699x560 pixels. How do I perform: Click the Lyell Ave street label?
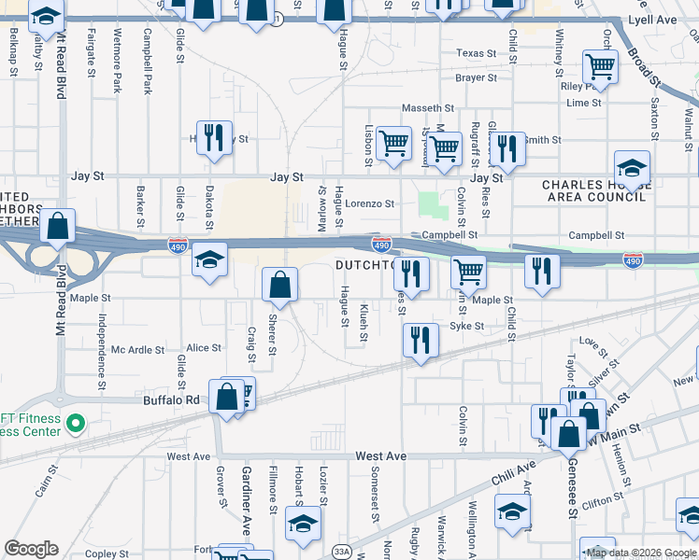[663, 18]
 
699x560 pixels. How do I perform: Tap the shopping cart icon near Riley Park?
[600, 67]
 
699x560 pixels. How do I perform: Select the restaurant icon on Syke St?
[421, 340]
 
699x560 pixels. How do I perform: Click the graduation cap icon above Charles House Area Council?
[633, 169]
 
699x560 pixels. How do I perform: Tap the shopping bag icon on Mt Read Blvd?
[58, 228]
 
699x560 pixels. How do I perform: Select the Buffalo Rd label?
[172, 400]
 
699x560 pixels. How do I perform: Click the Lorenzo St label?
[370, 203]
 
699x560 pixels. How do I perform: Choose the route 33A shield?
[342, 553]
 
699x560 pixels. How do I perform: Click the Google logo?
[32, 549]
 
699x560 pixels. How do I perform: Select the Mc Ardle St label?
[137, 351]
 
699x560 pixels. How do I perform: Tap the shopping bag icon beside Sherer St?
[279, 287]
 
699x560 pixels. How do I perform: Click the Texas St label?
[477, 53]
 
